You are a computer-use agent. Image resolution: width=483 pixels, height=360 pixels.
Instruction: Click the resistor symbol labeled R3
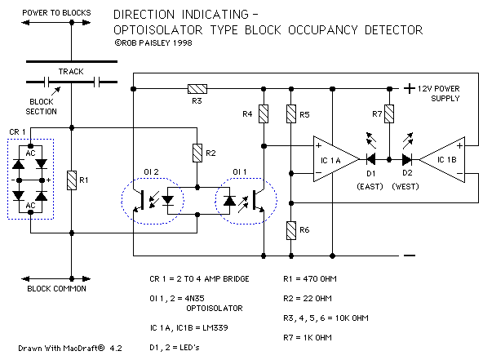pyautogui.click(x=197, y=89)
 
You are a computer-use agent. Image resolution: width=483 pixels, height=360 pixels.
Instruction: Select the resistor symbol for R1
pyautogui.click(x=72, y=180)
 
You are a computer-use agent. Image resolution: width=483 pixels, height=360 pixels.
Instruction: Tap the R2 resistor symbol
pyautogui.click(x=197, y=153)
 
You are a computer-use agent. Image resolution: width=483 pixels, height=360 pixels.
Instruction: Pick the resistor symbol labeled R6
pyautogui.click(x=291, y=230)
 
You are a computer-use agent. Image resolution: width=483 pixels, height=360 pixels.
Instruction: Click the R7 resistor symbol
pyautogui.click(x=389, y=113)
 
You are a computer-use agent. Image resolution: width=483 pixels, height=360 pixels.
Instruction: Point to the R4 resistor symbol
pyautogui.click(x=264, y=113)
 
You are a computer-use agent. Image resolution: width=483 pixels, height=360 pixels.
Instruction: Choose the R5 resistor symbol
pyautogui.click(x=291, y=113)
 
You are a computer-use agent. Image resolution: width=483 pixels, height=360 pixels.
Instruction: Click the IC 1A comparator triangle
pyautogui.click(x=336, y=159)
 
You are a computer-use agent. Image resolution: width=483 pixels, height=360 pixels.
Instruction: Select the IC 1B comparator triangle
pyautogui.click(x=441, y=159)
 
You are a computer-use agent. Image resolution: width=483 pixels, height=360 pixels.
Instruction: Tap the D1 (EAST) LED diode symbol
pyautogui.click(x=371, y=160)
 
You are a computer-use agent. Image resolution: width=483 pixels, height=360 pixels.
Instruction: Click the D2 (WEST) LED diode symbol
pyautogui.click(x=407, y=160)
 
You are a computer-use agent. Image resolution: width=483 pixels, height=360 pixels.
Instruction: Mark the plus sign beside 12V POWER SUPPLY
pyautogui.click(x=410, y=89)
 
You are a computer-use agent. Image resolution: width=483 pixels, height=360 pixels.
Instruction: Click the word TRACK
pyautogui.click(x=71, y=72)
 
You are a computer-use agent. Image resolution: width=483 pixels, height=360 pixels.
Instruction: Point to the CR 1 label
pyautogui.click(x=17, y=132)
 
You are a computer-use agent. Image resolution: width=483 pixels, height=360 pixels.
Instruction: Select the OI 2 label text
pyautogui.click(x=151, y=171)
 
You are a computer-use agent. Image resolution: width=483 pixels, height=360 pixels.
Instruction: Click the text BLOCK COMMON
pyautogui.click(x=56, y=289)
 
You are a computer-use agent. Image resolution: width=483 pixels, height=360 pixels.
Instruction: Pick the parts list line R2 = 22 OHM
pyautogui.click(x=308, y=298)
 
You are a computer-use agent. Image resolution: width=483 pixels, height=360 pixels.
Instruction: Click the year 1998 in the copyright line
pyautogui.click(x=183, y=42)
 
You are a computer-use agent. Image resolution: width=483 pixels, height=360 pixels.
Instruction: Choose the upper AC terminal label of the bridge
pyautogui.click(x=30, y=153)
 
